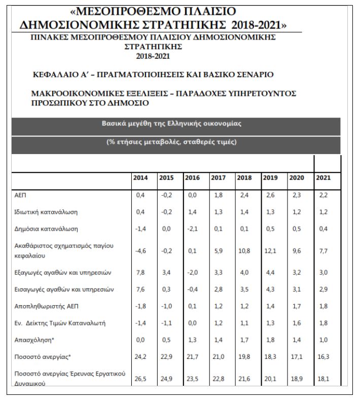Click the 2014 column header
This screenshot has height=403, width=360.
140,178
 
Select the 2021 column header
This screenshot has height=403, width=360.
323,178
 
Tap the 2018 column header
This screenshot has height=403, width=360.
243,178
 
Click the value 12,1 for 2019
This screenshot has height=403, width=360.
270,250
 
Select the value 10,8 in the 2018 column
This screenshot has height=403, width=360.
244,250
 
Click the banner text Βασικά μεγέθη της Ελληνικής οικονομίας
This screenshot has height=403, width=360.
171,124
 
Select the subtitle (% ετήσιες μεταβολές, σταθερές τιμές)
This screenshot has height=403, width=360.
171,141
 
